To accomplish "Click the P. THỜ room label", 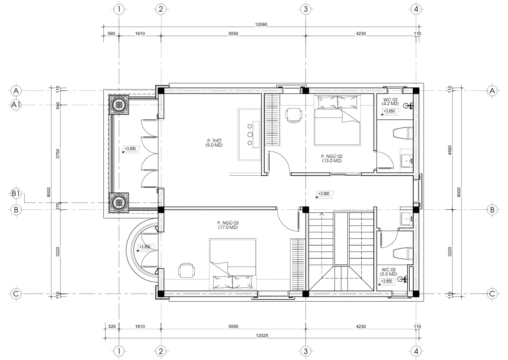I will (x=214, y=143).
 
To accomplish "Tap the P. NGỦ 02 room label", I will (x=331, y=158).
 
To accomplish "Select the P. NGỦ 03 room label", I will (x=228, y=225).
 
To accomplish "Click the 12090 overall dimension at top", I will (x=262, y=25).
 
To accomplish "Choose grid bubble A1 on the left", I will (x=16, y=105).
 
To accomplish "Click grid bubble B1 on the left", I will (x=16, y=194).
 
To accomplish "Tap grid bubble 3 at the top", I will (x=305, y=9).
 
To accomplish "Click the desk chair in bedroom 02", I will (x=294, y=116).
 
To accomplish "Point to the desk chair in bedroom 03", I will (x=187, y=270).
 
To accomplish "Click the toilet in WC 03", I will (x=402, y=133).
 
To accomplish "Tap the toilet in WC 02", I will (x=402, y=253).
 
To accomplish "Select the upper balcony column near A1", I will (x=119, y=104).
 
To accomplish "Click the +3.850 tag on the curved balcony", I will (x=144, y=247).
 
